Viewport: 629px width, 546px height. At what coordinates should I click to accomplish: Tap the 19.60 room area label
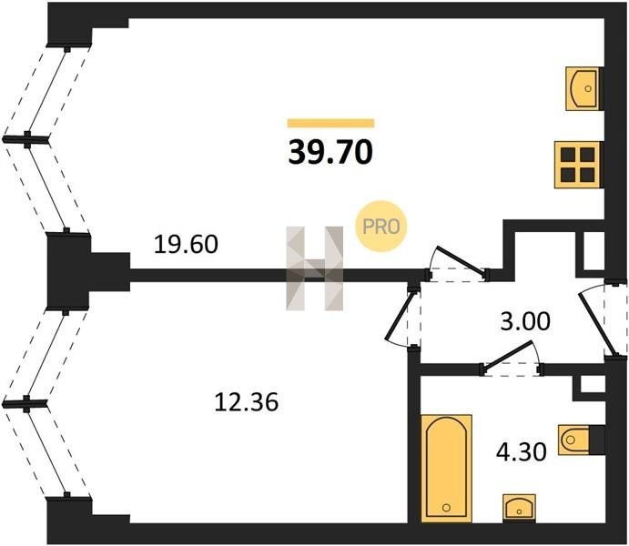coord(186,245)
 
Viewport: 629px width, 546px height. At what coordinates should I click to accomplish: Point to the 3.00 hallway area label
coord(525,321)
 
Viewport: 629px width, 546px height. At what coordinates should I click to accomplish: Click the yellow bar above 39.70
coord(330,123)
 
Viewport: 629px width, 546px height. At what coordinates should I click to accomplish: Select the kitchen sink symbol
coord(583,89)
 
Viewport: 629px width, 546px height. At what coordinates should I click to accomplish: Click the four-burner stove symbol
coord(577,164)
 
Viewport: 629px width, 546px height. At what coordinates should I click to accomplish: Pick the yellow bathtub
coord(447,464)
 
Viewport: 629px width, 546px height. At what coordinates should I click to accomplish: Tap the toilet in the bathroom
coord(581,440)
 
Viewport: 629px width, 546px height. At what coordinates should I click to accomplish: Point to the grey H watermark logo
coord(315,268)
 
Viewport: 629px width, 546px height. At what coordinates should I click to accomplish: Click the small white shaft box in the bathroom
coord(591,384)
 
